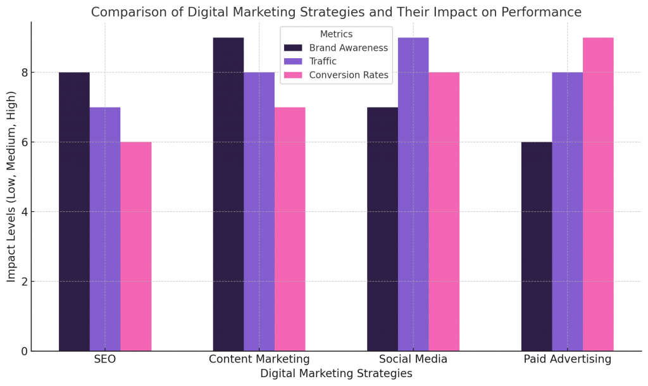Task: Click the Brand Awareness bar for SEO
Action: click(x=74, y=211)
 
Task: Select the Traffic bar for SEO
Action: click(x=105, y=229)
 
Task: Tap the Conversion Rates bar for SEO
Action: click(x=135, y=246)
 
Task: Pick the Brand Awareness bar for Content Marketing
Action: click(x=228, y=194)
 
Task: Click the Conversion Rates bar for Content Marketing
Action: click(x=290, y=229)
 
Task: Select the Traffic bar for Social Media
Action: click(x=413, y=194)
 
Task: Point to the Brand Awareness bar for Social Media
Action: click(x=382, y=229)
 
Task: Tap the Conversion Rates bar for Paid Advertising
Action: click(x=598, y=194)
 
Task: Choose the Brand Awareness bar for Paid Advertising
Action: click(x=537, y=246)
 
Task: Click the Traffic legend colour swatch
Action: click(x=293, y=61)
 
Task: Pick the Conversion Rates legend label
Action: click(x=349, y=75)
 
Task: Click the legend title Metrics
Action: click(x=336, y=34)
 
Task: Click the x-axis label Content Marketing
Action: click(x=259, y=359)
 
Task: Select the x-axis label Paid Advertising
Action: click(x=567, y=359)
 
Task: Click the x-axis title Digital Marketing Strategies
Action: click(x=336, y=374)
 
